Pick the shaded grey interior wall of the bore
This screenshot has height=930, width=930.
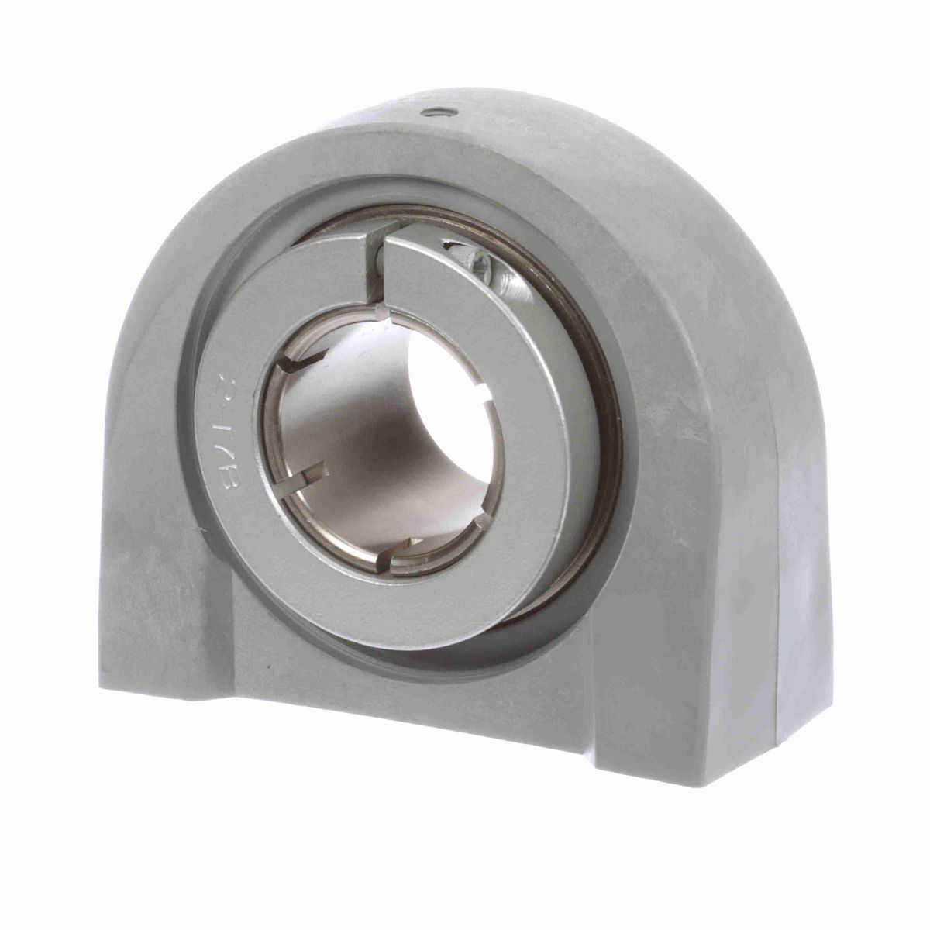click(x=364, y=434)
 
